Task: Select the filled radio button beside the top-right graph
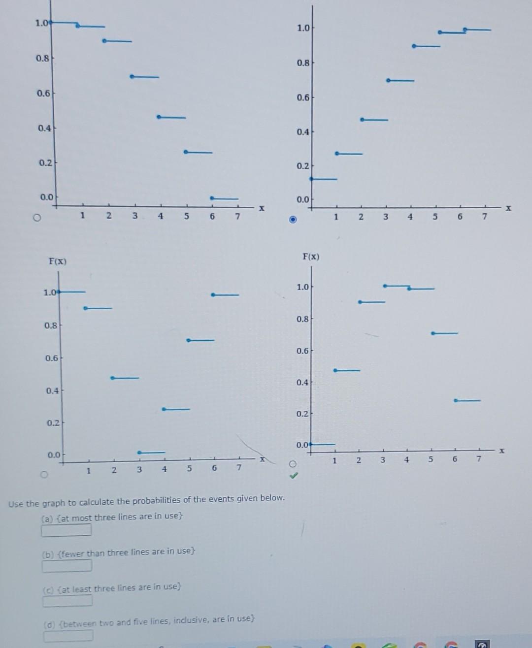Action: click(x=293, y=219)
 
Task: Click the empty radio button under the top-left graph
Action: click(x=35, y=218)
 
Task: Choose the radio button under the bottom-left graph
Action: click(x=44, y=475)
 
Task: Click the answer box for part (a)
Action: click(x=66, y=530)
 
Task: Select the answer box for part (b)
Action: click(x=67, y=565)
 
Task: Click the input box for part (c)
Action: click(x=67, y=601)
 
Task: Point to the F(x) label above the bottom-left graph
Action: click(x=58, y=261)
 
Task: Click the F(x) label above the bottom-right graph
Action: click(x=311, y=257)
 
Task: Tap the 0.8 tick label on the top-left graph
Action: click(x=42, y=58)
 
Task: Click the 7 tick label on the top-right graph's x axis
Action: click(x=485, y=217)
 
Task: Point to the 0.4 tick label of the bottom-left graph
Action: click(x=52, y=390)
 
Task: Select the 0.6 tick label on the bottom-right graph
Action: click(x=303, y=351)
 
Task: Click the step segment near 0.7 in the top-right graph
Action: click(x=400, y=80)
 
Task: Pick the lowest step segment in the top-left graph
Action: click(x=225, y=198)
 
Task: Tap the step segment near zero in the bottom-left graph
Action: click(x=152, y=453)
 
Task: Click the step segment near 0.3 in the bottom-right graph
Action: click(x=467, y=400)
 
